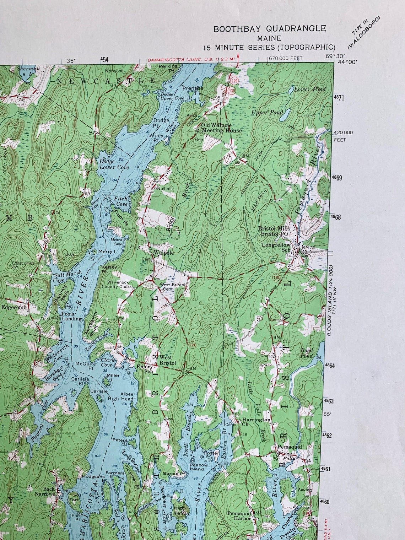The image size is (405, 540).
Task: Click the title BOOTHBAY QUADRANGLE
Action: (269, 29)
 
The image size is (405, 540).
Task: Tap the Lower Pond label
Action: (309, 90)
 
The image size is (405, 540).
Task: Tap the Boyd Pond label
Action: (307, 353)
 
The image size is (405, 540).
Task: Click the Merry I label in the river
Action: (107, 252)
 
